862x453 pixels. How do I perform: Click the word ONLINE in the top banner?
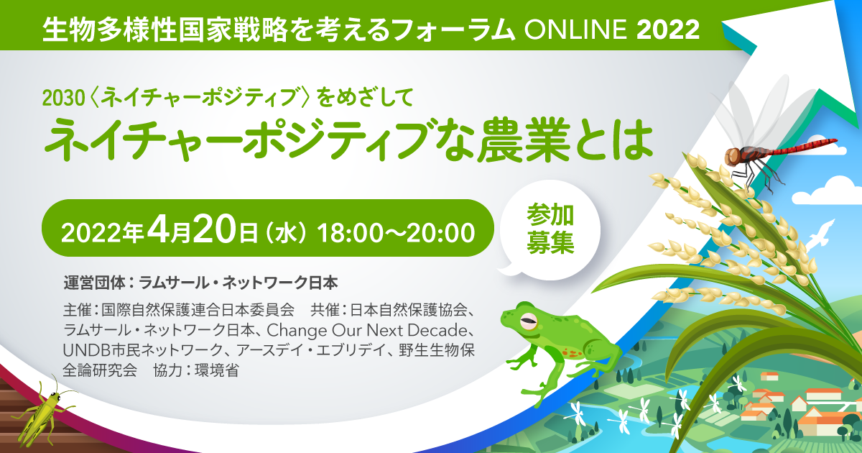click(575, 29)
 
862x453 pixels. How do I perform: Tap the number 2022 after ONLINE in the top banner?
click(667, 29)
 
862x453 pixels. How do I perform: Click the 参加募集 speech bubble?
click(550, 230)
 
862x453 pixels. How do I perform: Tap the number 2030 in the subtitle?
click(63, 99)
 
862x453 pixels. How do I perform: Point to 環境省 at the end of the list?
click(217, 370)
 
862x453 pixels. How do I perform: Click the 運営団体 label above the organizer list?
click(95, 283)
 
